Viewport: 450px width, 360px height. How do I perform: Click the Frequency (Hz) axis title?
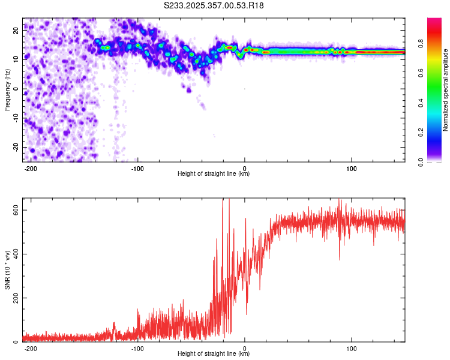pyautogui.click(x=7, y=89)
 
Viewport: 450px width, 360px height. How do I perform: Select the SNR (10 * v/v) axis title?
pyautogui.click(x=7, y=273)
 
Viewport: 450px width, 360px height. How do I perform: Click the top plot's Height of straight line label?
pyautogui.click(x=214, y=173)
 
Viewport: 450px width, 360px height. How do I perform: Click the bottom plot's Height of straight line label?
pyautogui.click(x=214, y=354)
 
